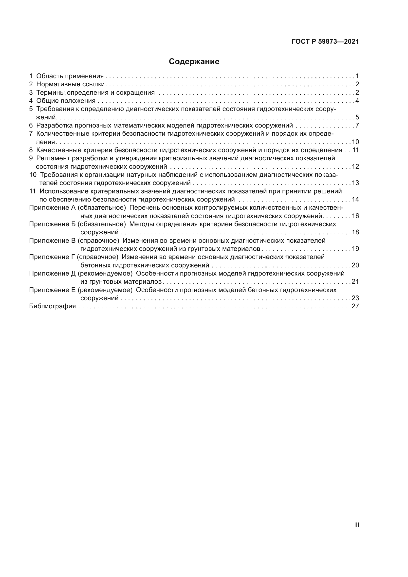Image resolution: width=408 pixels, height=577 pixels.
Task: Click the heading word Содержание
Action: [194, 62]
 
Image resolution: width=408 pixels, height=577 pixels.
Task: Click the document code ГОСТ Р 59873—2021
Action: [325, 42]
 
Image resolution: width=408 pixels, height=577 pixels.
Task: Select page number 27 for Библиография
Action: [355, 306]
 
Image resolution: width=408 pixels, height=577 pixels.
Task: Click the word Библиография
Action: [53, 306]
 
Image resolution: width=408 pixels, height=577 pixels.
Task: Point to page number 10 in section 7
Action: [355, 142]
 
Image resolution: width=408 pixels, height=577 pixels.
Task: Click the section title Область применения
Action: [70, 76]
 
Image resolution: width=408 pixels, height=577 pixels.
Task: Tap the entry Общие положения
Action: [66, 101]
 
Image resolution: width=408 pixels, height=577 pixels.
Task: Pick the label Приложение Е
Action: [52, 290]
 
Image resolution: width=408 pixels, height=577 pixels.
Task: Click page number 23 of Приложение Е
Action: [355, 298]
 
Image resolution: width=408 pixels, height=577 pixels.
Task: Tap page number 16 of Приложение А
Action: [355, 216]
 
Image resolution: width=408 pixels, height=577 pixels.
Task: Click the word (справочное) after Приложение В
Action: [98, 241]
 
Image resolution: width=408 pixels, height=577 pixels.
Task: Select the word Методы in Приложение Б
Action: [140, 224]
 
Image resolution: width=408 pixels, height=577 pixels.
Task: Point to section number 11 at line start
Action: [33, 191]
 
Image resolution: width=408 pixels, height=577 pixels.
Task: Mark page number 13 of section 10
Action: [355, 183]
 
